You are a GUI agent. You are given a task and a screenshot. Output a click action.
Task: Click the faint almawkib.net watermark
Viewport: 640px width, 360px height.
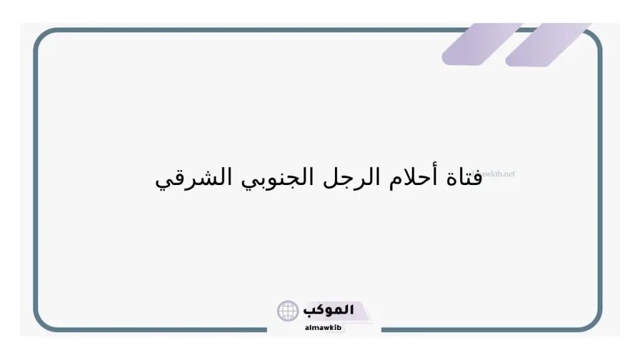[497, 174]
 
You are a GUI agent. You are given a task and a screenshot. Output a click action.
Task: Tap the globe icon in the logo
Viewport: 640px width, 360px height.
[288, 311]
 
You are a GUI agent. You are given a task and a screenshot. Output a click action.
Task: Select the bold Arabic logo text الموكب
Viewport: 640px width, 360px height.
[329, 309]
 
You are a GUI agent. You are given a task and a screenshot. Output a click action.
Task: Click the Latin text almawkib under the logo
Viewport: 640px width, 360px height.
[324, 327]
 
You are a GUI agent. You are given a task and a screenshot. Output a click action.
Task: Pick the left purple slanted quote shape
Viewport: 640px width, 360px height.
[481, 44]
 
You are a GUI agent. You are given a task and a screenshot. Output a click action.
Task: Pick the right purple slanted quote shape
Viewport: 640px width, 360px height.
[547, 44]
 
